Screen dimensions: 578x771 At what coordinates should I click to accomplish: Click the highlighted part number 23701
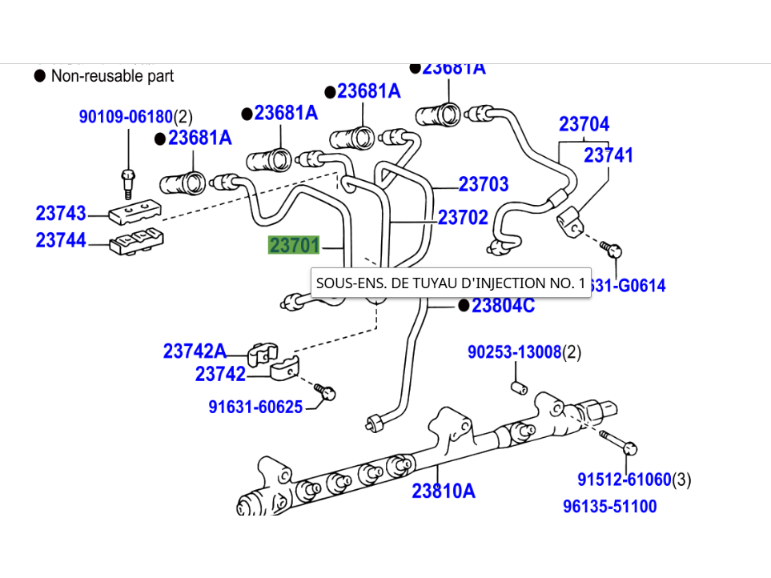pos(294,245)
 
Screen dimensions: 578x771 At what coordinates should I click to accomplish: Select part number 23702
pos(463,217)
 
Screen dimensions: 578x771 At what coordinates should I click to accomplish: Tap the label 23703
pos(484,184)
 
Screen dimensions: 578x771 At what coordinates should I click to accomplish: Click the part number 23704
pos(584,124)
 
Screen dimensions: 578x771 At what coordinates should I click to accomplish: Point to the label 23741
pos(608,155)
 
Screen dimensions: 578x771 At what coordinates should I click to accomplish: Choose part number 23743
pos(61,214)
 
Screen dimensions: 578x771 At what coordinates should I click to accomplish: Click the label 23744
pos(61,240)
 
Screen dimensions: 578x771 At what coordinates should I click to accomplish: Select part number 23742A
pos(195,351)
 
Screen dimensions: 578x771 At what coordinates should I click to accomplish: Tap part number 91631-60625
pos(255,407)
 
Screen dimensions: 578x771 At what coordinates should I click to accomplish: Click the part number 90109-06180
pos(126,117)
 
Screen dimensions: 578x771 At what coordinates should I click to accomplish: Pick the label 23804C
pos(503,305)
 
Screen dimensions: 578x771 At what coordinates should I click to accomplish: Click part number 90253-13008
pos(515,351)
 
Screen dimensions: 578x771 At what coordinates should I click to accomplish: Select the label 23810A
pos(444,491)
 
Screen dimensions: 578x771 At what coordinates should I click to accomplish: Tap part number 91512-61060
pos(624,480)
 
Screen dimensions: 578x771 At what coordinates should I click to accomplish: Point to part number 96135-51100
pos(609,506)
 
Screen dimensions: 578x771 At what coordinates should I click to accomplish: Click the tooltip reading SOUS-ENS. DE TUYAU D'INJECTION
pos(451,283)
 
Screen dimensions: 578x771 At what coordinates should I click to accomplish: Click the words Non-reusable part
pos(112,76)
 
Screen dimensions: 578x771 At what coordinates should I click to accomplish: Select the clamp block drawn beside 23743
pos(135,212)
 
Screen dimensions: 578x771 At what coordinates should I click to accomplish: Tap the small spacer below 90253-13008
pos(516,388)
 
